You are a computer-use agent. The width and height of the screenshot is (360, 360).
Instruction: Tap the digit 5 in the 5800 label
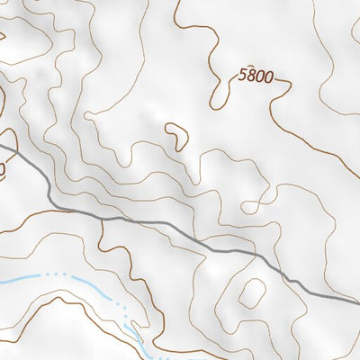pos(243,77)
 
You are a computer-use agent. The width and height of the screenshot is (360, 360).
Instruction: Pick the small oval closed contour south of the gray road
pos(252,293)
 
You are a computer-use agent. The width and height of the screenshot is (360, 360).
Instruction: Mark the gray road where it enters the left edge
pos(2,144)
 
